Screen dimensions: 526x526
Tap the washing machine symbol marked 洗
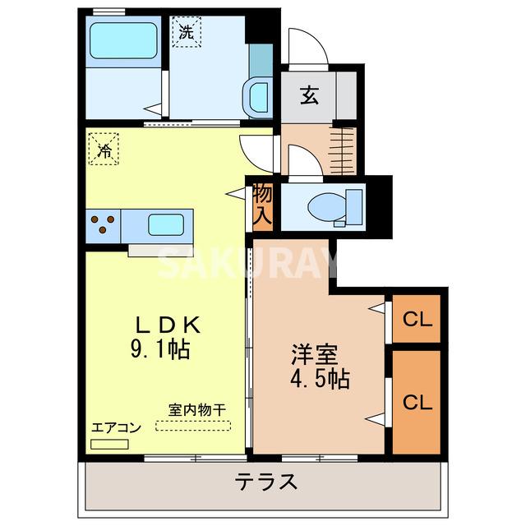[x=186, y=34]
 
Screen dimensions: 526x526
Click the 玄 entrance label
[x=309, y=96]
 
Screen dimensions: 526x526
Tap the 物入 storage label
[x=262, y=205]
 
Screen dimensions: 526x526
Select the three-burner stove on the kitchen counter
[x=102, y=224]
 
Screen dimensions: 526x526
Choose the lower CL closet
[x=417, y=402]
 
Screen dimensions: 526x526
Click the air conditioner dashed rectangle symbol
[x=110, y=443]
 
